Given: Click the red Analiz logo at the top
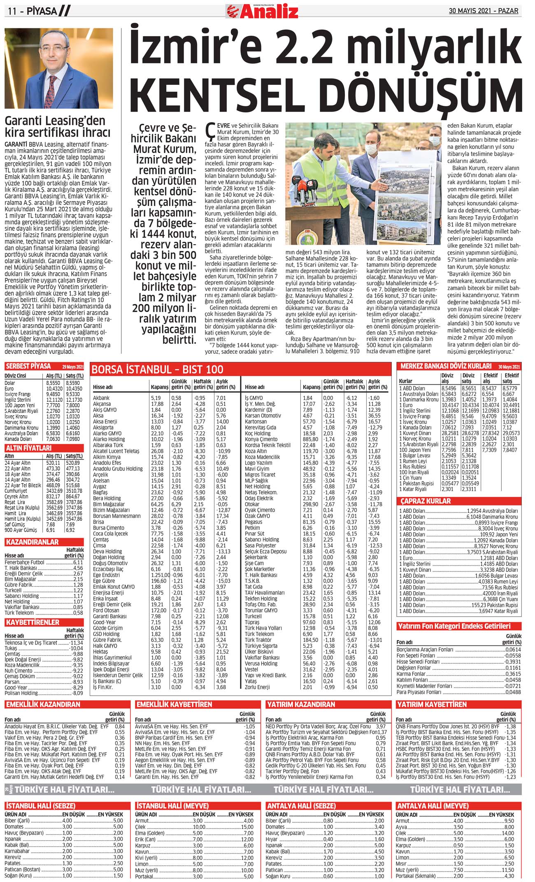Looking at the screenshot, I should (x=263, y=11).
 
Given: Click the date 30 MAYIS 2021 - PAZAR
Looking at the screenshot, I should (x=483, y=11).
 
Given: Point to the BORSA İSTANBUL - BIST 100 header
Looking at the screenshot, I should (x=157, y=369).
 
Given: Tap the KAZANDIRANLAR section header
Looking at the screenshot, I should (x=32, y=542).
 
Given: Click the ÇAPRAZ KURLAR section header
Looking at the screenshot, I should (x=426, y=501).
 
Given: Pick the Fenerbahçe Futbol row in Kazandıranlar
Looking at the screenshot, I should (x=25, y=562).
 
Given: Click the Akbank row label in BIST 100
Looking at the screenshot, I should (x=101, y=398).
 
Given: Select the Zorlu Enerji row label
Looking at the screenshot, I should (x=257, y=687).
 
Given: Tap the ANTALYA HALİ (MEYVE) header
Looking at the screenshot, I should (x=432, y=805).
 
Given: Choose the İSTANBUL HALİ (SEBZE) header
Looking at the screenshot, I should (x=40, y=805).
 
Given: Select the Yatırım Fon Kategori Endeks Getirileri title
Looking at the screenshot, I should (x=454, y=626).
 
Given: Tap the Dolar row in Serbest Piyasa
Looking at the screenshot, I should (x=10, y=383).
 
